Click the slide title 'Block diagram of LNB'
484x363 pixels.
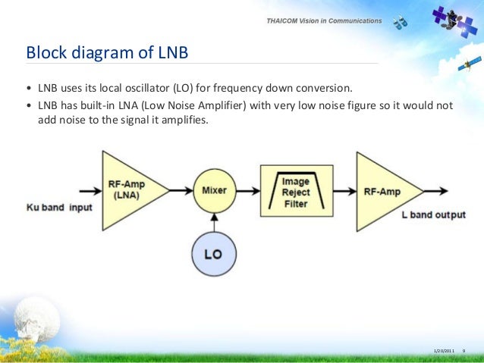pos(107,53)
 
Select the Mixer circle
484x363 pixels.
pos(215,190)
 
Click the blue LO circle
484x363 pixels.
pos(214,255)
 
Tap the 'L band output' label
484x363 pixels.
pos(433,214)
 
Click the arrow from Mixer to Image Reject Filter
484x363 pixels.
pos(249,190)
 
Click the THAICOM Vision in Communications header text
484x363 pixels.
pos(324,21)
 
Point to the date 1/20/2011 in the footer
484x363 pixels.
pos(444,350)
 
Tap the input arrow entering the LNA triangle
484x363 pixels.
pos(83,190)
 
